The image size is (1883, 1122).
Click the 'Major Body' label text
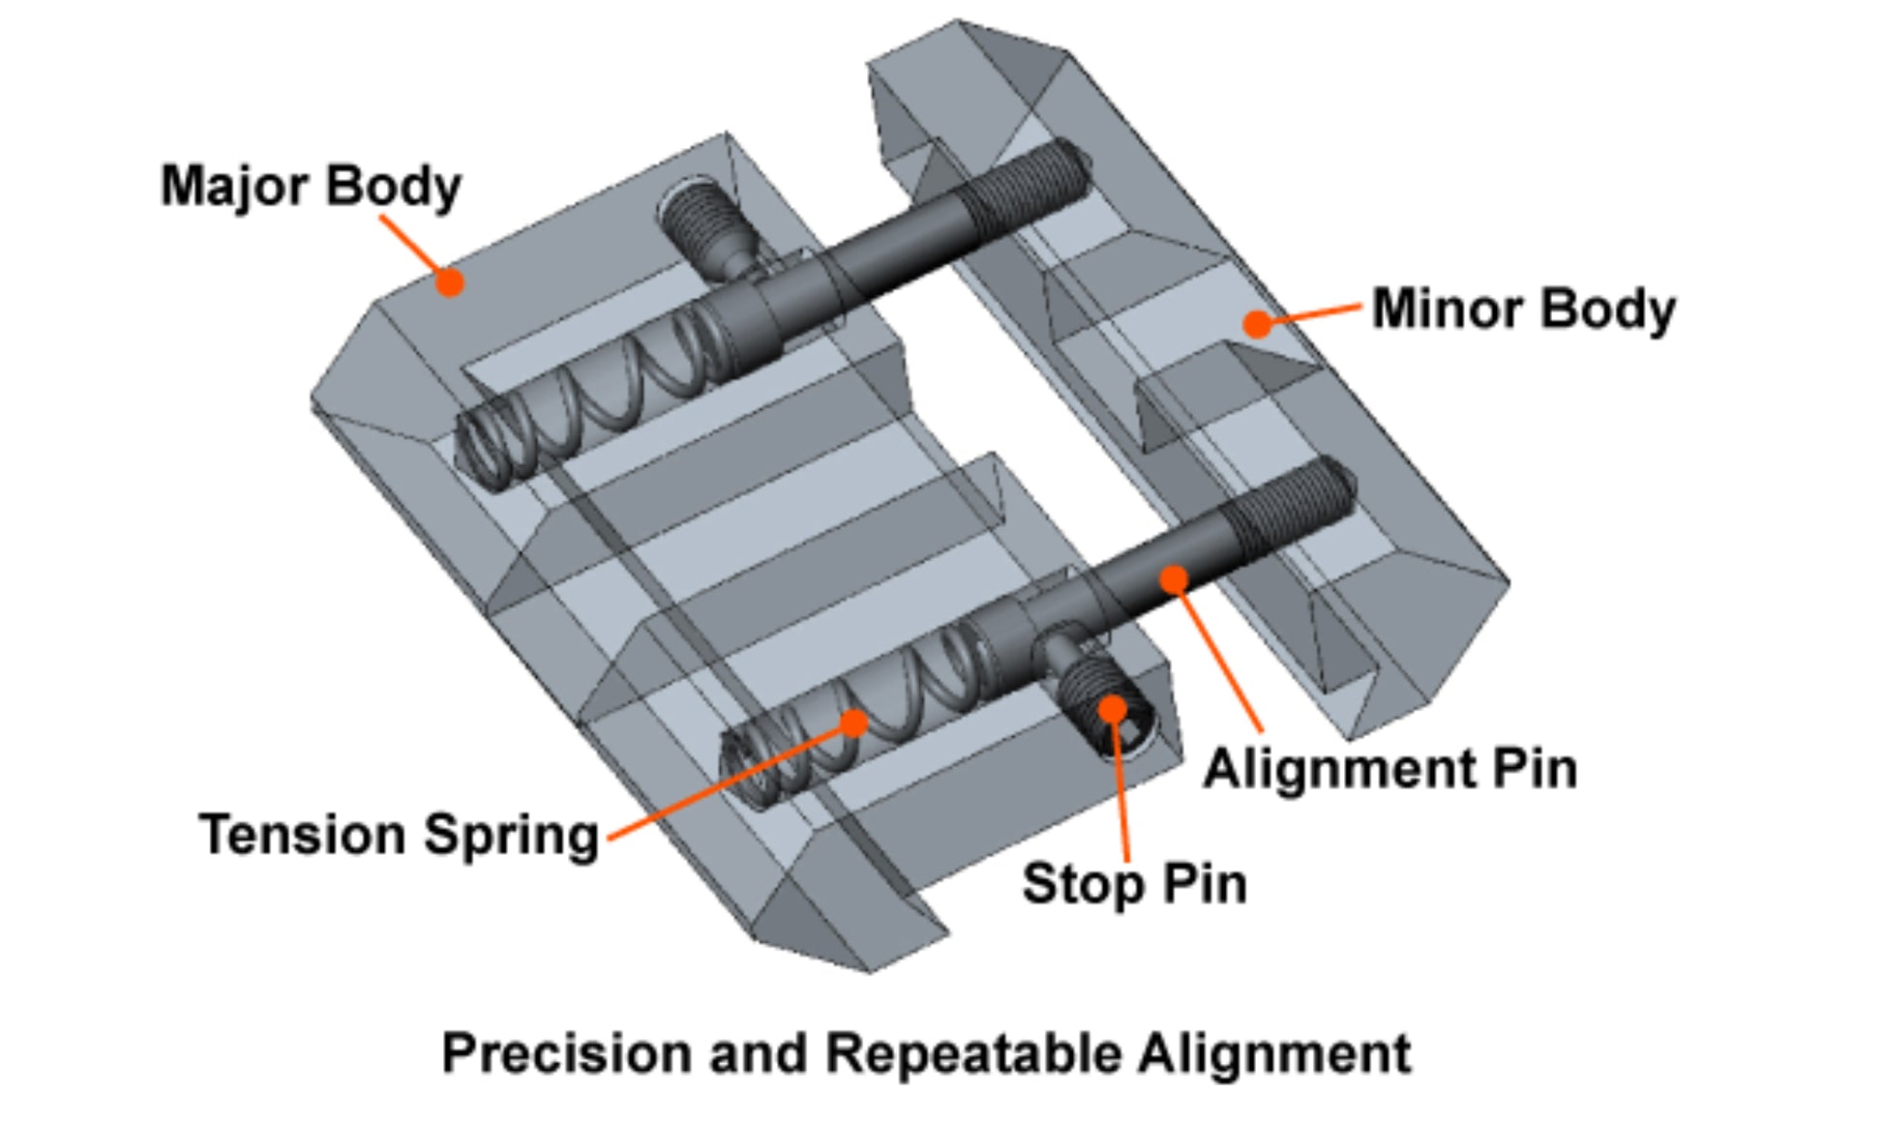[311, 187]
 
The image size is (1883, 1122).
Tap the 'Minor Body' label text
[1524, 310]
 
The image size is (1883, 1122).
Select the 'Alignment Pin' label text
[1390, 770]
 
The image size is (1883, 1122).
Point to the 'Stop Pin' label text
[1134, 884]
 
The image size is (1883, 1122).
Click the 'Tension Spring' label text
[399, 835]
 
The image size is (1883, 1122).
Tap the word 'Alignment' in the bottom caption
[1274, 1052]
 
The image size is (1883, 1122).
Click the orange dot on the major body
[449, 281]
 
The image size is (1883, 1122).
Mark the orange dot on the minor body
[1257, 323]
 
